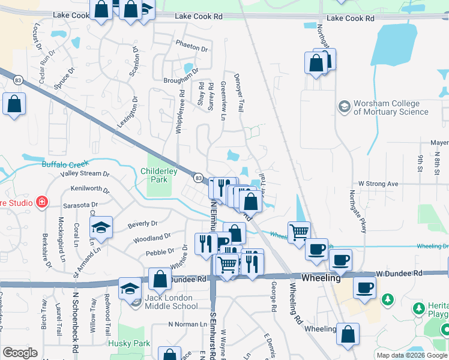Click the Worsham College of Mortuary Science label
pyautogui.click(x=391, y=107)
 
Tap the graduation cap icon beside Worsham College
pyautogui.click(x=345, y=107)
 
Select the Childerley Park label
pyautogui.click(x=158, y=175)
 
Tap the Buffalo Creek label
pyautogui.click(x=65, y=163)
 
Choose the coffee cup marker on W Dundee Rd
pyautogui.click(x=364, y=288)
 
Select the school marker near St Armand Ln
pyautogui.click(x=101, y=227)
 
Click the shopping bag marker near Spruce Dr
pyautogui.click(x=14, y=104)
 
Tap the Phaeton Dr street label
pyautogui.click(x=191, y=48)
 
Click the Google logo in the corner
pyautogui.click(x=20, y=353)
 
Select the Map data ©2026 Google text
pyautogui.click(x=412, y=355)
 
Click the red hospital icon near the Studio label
pyautogui.click(x=41, y=202)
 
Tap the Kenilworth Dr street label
pyautogui.click(x=90, y=190)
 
